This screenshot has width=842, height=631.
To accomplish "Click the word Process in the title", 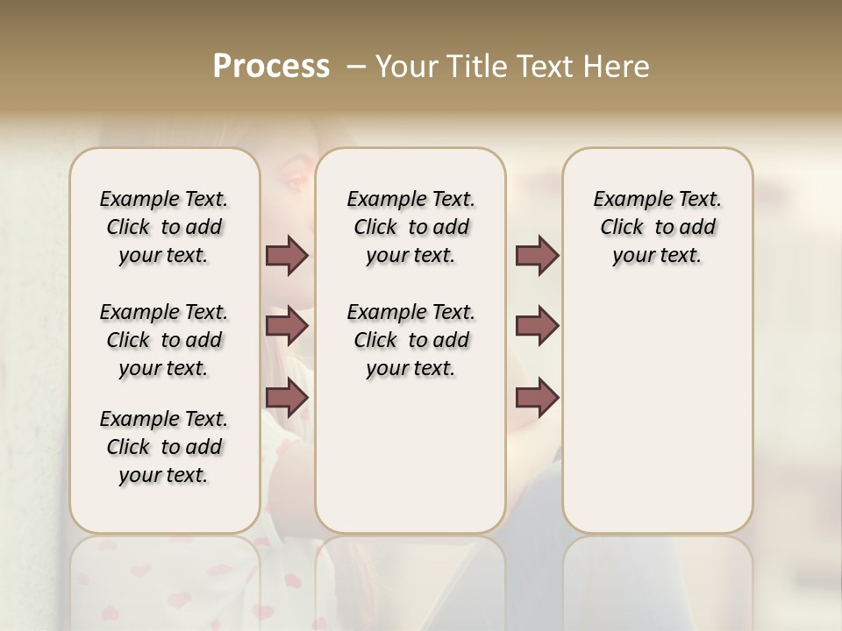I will click(x=271, y=66).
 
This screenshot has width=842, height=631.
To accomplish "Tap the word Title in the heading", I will click(x=479, y=66).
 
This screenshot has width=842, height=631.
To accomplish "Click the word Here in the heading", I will click(x=617, y=66).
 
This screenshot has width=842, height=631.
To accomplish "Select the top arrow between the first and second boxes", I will click(x=287, y=255).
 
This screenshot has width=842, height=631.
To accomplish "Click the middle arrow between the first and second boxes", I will click(x=287, y=326).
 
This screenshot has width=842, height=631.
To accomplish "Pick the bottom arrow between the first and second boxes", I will click(x=287, y=398).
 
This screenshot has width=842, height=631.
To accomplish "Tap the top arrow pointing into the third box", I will click(x=537, y=255).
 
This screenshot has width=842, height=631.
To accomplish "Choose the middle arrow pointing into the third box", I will click(x=537, y=326).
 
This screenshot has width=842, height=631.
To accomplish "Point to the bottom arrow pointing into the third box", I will click(x=537, y=398).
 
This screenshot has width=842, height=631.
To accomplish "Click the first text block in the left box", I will click(x=164, y=227).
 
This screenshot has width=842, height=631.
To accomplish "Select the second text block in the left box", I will click(x=164, y=340).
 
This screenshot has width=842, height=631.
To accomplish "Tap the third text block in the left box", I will click(x=164, y=447).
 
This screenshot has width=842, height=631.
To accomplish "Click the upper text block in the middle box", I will click(x=410, y=227).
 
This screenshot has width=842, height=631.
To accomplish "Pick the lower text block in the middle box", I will click(x=410, y=340).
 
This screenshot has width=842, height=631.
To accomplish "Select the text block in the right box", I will click(x=657, y=227).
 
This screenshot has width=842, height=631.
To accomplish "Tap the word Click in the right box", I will click(x=622, y=228).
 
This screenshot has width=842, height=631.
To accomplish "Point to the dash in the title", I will click(x=356, y=66).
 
